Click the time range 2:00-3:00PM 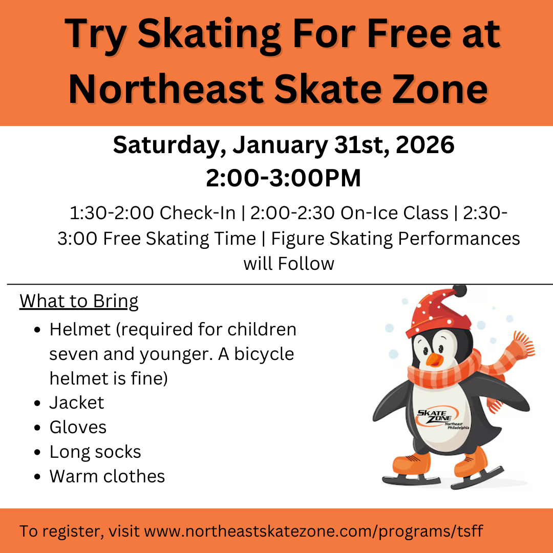point(283,178)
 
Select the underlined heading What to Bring point(79,301)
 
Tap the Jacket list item point(77,403)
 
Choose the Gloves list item point(78,427)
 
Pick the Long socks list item point(95,452)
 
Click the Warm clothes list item point(107,476)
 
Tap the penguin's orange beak point(433,360)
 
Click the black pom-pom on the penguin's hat point(459,291)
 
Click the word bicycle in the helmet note point(264,354)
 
